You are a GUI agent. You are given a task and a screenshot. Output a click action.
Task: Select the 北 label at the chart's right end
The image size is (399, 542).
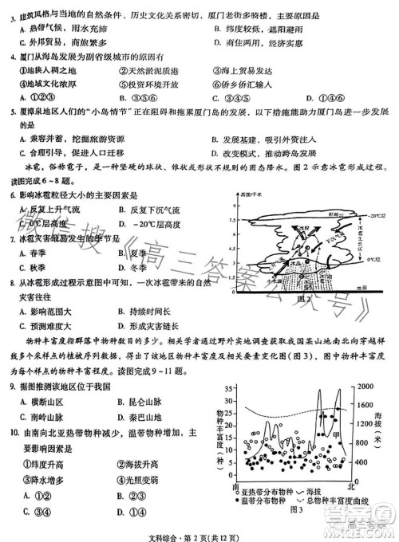click(x=351, y=485)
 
